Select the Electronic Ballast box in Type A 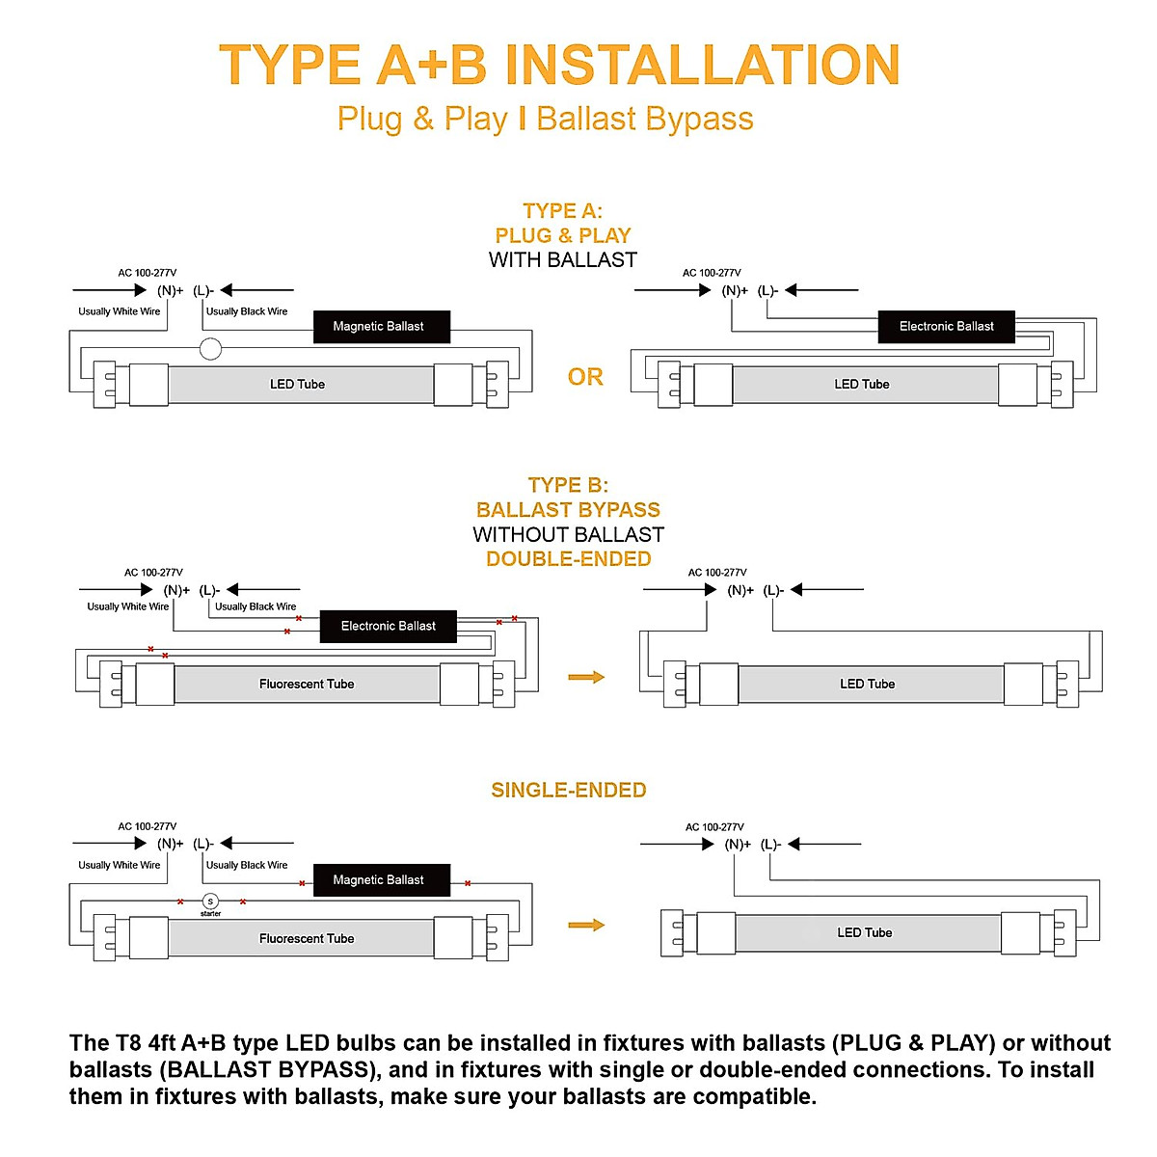coord(946,327)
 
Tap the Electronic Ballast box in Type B coord(388,626)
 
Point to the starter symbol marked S coord(210,901)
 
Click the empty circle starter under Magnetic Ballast coord(210,349)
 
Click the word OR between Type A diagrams coord(585,377)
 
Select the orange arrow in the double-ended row coord(586,678)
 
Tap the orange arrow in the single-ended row coord(586,926)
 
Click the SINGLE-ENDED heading coord(569,791)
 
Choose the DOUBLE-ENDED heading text coord(569,559)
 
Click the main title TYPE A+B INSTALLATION coord(559,66)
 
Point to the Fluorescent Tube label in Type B coord(307,685)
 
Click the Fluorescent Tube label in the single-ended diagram coord(307,939)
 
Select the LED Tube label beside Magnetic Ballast coord(297,385)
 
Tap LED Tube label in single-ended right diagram coord(865,933)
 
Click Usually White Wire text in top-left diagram coord(120,311)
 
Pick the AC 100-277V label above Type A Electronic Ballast coord(712,273)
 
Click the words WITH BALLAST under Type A coord(563,260)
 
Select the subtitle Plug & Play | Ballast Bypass coord(545,119)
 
